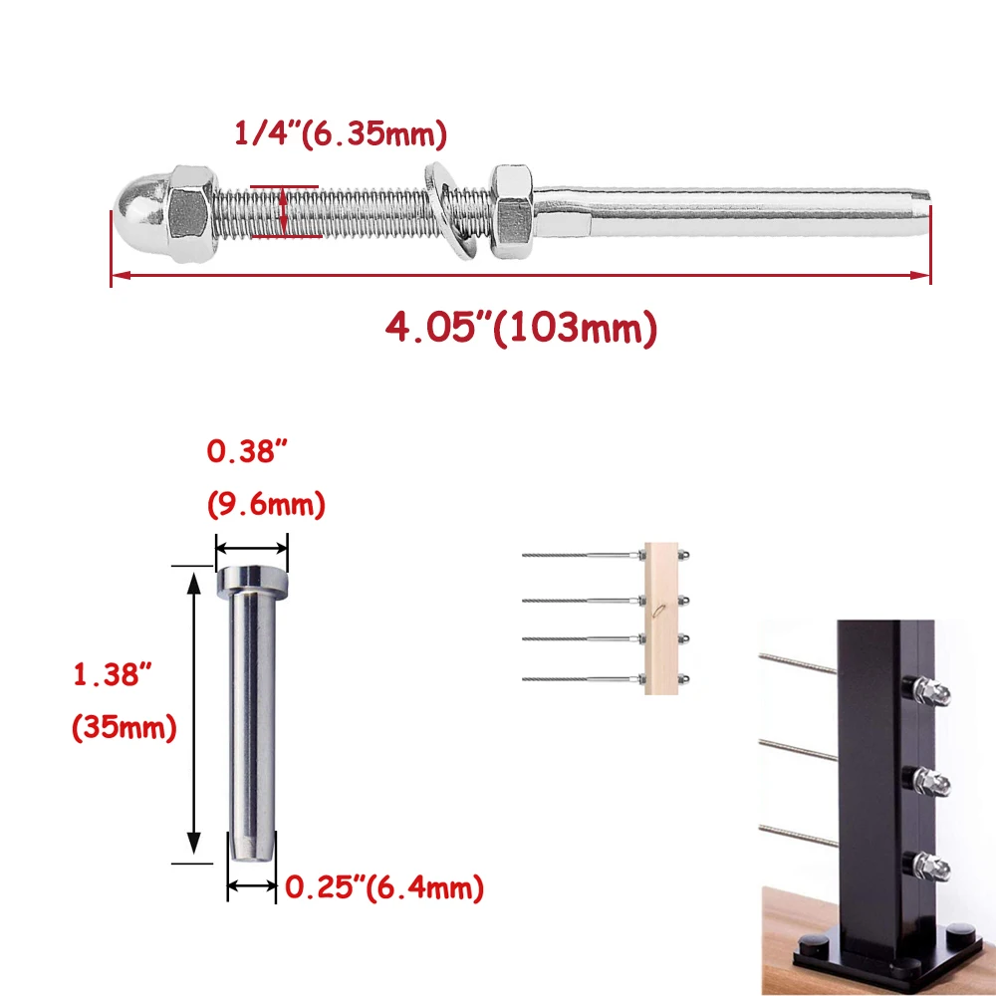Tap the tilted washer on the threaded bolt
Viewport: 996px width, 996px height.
pos(450,211)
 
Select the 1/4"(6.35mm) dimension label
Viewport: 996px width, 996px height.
pos(341,134)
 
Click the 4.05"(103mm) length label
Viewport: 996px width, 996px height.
pos(521,328)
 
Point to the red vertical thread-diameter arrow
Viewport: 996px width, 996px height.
pos(284,212)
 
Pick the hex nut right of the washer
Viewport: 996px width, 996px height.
pos(512,211)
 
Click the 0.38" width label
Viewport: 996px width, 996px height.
pos(247,451)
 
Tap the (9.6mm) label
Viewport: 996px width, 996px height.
pos(266,504)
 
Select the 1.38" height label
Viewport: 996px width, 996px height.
pos(114,674)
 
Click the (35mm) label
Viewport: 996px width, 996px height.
pos(124,727)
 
